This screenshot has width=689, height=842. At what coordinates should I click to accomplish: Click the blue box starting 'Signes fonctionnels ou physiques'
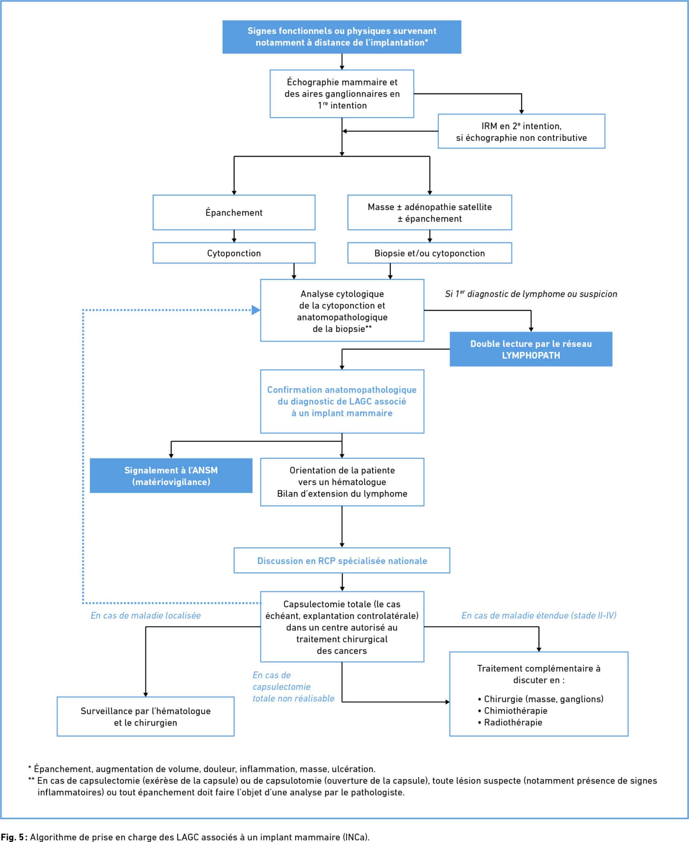point(342,37)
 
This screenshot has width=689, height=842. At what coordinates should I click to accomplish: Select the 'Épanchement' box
point(234,213)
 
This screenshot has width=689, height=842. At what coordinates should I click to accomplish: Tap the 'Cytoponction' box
point(234,253)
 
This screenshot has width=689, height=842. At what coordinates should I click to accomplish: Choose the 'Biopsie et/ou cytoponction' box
point(430,253)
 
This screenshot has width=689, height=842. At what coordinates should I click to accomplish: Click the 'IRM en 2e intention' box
point(522,132)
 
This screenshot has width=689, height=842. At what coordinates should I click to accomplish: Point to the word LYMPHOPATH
point(531,356)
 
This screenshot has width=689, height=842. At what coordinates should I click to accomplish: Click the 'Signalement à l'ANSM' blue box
point(171,476)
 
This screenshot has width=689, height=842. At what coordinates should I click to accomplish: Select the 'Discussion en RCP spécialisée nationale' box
point(342,561)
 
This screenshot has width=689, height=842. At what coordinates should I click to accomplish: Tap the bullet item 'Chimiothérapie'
point(513,711)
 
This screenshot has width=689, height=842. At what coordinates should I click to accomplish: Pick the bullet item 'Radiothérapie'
point(510,722)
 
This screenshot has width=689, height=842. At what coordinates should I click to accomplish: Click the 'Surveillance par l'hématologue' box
point(146,717)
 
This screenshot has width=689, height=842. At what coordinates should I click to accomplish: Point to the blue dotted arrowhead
point(256,310)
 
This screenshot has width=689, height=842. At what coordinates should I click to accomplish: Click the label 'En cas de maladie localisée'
point(146,615)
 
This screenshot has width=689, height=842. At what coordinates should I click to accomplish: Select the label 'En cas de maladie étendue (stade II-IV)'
point(539,615)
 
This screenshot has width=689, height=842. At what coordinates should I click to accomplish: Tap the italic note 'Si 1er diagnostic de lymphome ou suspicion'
point(531,294)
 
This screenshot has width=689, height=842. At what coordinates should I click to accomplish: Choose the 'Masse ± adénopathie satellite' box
point(430,213)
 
